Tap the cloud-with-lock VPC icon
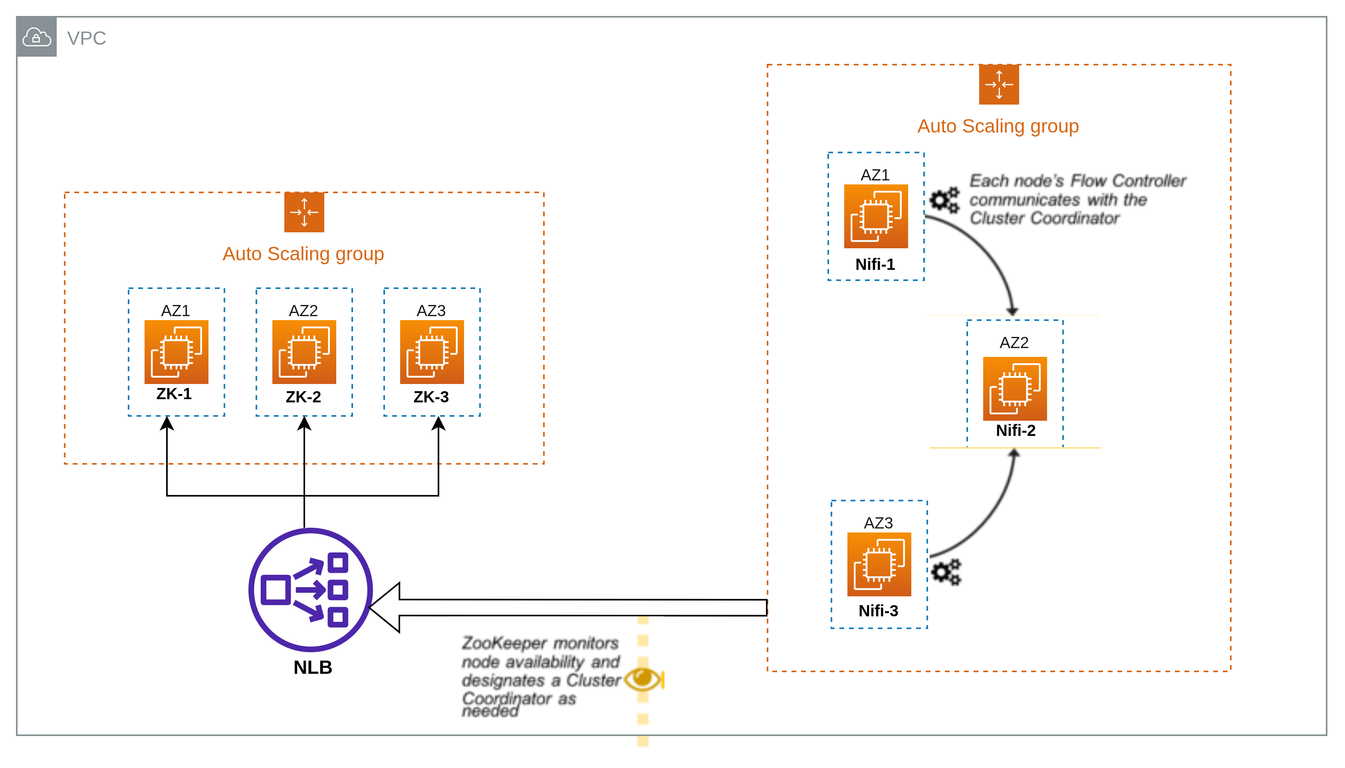pyautogui.click(x=36, y=38)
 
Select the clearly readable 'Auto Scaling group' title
pyautogui.click(x=998, y=127)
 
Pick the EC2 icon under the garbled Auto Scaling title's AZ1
pyautogui.click(x=176, y=353)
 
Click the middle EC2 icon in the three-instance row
pyautogui.click(x=304, y=353)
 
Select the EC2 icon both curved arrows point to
pyautogui.click(x=1015, y=390)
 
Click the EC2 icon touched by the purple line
pyautogui.click(x=879, y=568)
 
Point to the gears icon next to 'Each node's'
pyautogui.click(x=944, y=200)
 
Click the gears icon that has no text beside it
pyautogui.click(x=946, y=572)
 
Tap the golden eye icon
pyautogui.click(x=642, y=678)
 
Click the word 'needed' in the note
pyautogui.click(x=490, y=712)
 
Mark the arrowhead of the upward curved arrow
pyautogui.click(x=1014, y=453)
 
